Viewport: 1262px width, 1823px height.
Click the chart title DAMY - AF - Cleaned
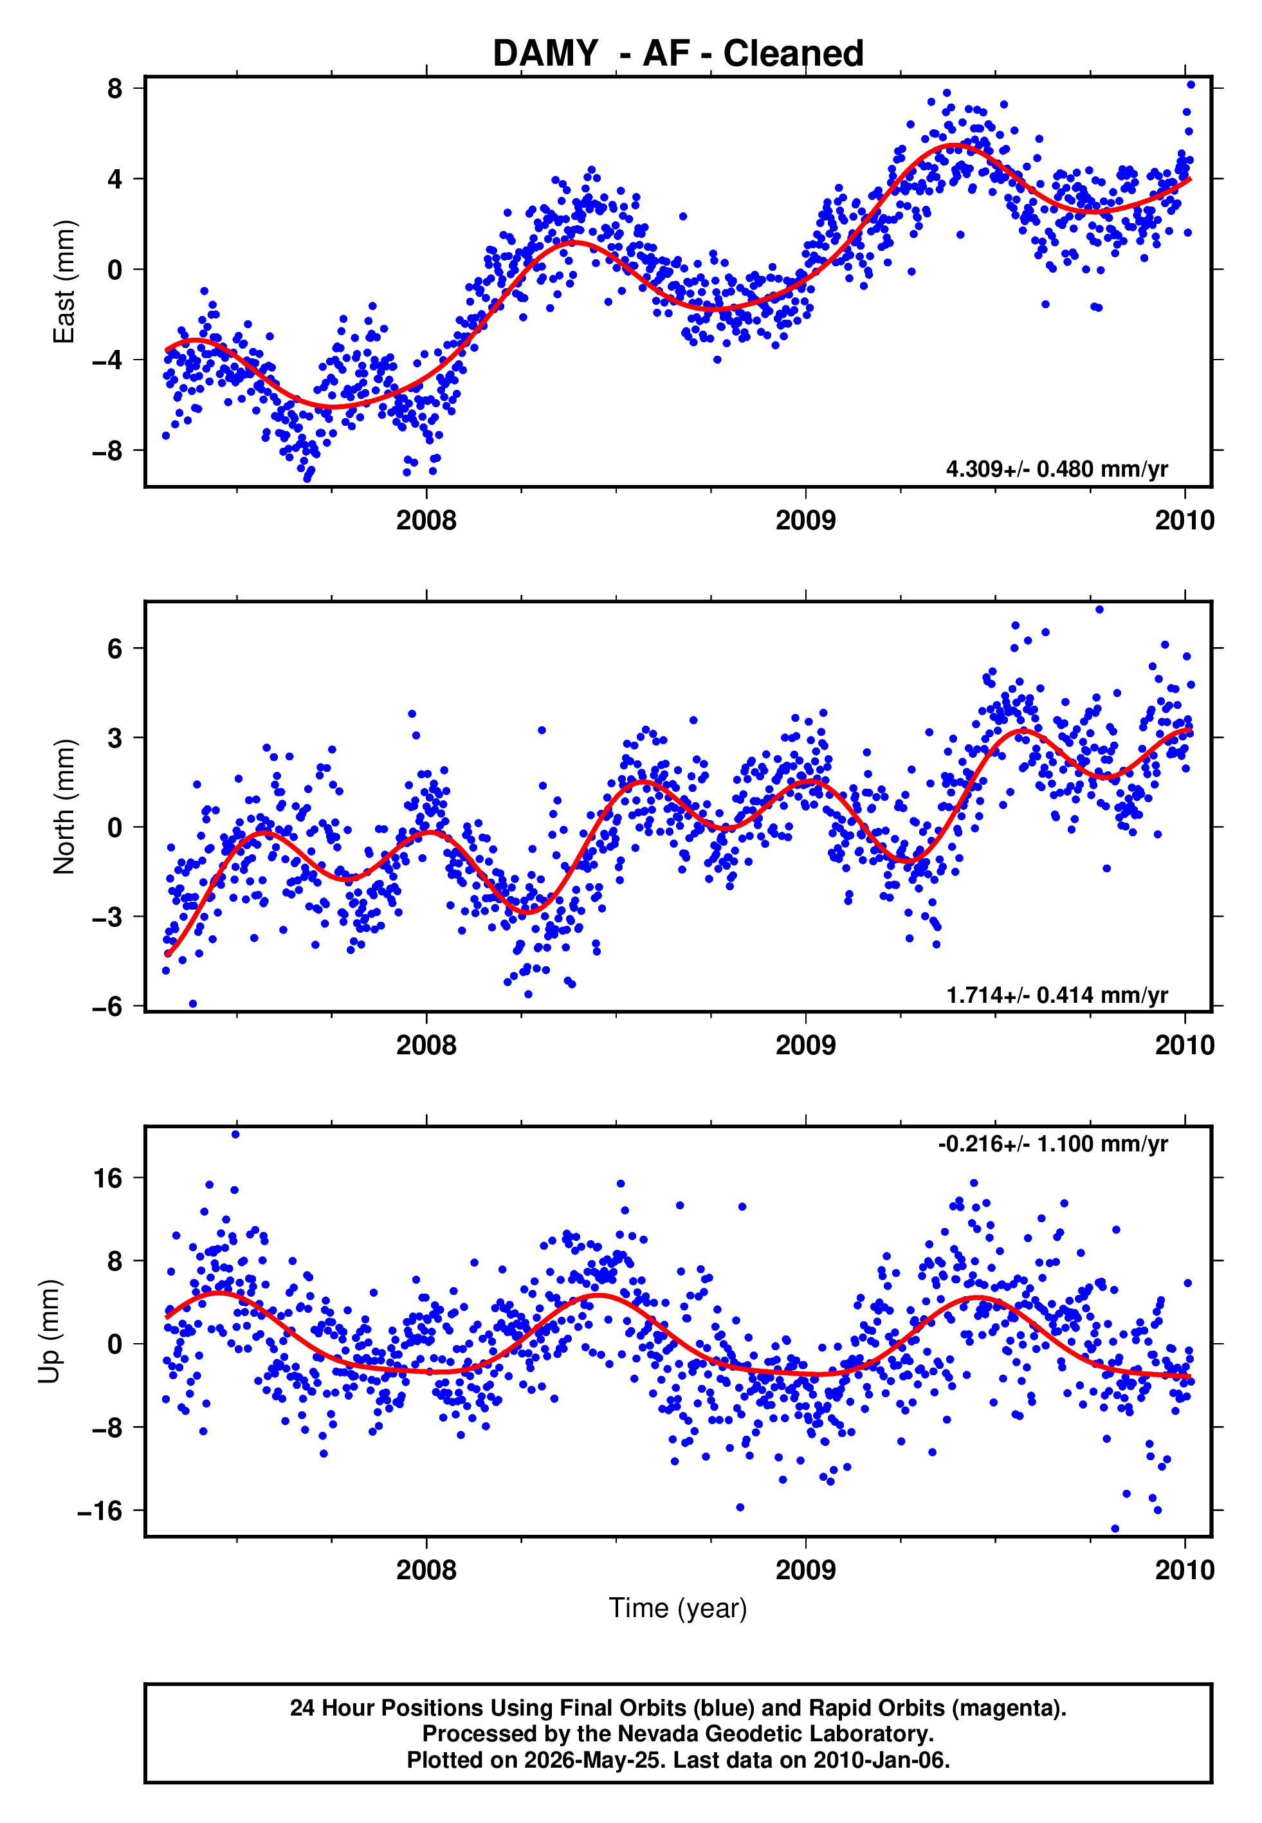coord(678,54)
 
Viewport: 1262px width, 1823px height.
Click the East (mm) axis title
coord(64,282)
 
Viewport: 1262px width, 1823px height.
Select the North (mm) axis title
coord(64,807)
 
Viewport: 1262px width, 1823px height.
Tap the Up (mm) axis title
coord(49,1332)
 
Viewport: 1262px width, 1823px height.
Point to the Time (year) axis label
coord(678,1609)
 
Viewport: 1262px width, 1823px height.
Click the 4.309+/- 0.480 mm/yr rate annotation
coord(1056,469)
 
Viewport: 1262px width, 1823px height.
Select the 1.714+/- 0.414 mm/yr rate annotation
coord(1056,994)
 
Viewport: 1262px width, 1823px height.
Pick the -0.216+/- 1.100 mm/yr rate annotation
coord(1052,1144)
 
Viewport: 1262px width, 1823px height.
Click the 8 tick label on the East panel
coord(115,89)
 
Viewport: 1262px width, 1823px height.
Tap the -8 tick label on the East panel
coord(107,452)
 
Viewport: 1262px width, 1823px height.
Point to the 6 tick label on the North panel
coord(115,649)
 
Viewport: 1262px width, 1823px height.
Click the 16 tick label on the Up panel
coord(108,1178)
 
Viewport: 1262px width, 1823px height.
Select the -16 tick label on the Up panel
coord(100,1512)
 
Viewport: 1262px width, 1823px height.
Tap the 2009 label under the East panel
coord(806,520)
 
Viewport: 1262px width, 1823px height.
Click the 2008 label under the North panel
coord(426,1045)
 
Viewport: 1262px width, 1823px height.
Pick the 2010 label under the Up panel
coord(1185,1570)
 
